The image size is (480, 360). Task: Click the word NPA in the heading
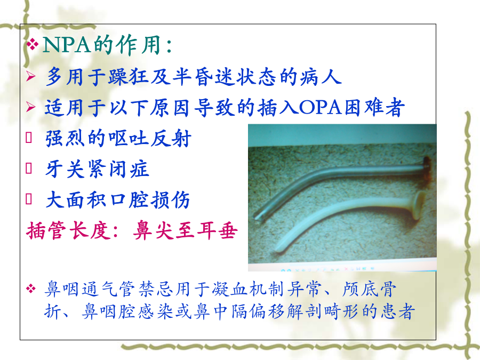(67, 45)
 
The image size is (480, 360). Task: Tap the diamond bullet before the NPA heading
(32, 44)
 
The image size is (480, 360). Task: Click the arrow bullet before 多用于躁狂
(30, 76)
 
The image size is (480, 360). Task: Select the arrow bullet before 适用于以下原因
(30, 107)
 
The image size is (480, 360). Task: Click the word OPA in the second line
(321, 107)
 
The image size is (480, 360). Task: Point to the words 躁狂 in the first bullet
(129, 76)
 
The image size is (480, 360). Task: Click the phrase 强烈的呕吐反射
(118, 138)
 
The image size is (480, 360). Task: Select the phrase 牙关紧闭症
(98, 169)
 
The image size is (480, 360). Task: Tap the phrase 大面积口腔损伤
(118, 200)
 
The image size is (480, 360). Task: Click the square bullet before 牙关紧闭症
(29, 168)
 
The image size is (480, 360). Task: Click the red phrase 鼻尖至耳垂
(186, 230)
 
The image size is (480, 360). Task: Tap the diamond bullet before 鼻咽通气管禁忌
(31, 289)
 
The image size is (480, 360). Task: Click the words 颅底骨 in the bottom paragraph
(369, 289)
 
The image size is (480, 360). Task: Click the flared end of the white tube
(419, 205)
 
